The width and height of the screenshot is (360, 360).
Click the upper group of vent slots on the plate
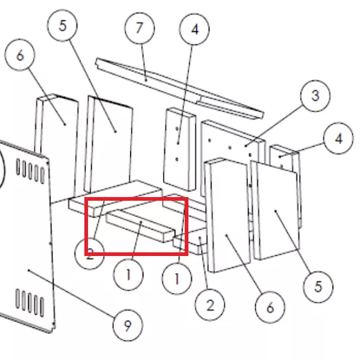click(31, 171)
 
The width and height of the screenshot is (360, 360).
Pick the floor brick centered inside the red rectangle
click(140, 225)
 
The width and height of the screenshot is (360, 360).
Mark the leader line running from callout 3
click(275, 126)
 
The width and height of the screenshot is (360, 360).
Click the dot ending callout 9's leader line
click(29, 270)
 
